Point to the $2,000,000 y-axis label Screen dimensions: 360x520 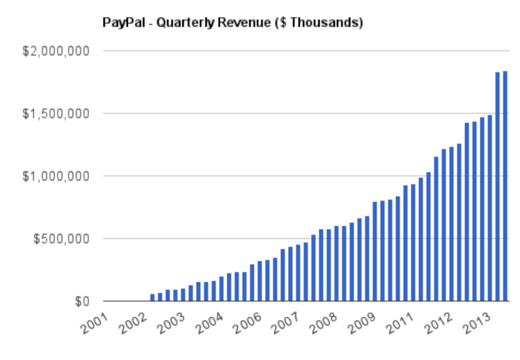[x=56, y=51]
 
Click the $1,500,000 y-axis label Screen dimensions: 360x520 [x=56, y=114]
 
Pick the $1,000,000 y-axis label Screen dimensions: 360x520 [x=56, y=176]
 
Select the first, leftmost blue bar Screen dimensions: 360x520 [x=152, y=297]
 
